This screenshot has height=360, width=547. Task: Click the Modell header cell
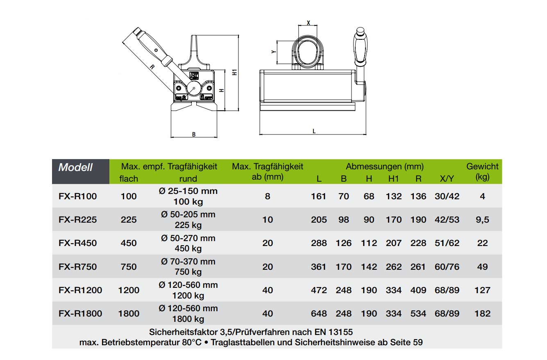pos(75,167)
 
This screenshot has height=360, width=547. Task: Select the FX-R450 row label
pos(78,243)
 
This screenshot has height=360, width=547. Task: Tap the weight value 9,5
pos(483,220)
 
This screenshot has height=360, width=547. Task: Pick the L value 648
pos(319,314)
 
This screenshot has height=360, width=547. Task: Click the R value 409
pos(418,290)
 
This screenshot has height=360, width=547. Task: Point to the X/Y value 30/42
pos(447,196)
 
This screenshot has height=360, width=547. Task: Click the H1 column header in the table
pos(393,179)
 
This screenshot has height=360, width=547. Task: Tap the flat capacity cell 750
pos(129,267)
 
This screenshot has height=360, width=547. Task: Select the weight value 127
pos(482,290)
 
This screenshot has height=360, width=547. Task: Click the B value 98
pos(344,220)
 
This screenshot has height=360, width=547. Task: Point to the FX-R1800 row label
pos(80,314)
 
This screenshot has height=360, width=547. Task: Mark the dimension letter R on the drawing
pos(152,68)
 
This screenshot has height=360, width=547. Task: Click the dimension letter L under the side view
pos(314,131)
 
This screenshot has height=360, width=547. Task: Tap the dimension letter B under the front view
pos(194,134)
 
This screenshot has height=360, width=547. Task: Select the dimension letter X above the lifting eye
pos(308,23)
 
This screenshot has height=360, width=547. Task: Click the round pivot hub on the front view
pos(192,88)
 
